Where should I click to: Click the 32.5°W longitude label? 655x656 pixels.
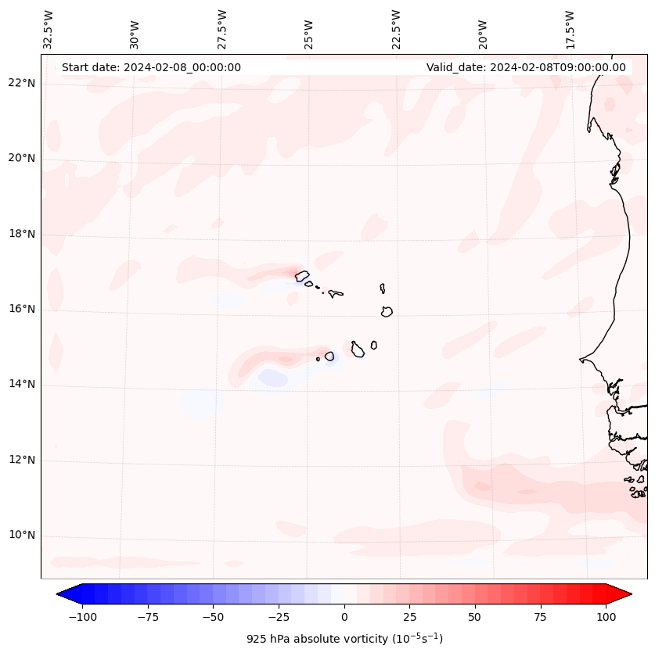49,30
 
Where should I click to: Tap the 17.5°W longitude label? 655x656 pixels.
570,30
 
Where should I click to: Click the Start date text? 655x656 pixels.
151,67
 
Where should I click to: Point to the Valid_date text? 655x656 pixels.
526,67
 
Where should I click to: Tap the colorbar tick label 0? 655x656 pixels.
344,617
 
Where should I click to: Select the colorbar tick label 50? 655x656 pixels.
474,617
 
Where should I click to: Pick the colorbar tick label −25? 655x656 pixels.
278,617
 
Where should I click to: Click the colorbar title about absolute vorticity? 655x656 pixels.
344,640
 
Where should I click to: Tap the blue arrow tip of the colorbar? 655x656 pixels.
63,594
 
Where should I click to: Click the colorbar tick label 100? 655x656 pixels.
606,617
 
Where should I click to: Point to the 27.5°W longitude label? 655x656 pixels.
222,30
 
